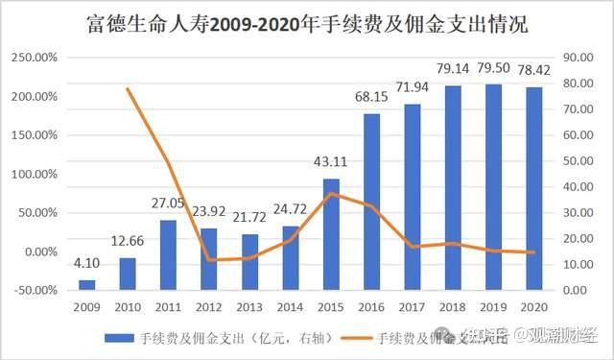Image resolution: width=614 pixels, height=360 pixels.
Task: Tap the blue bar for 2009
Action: point(86,284)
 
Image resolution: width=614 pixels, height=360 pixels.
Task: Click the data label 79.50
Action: point(496,68)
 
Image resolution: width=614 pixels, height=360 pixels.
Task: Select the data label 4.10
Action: point(86,264)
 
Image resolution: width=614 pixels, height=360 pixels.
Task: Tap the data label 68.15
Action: point(373,98)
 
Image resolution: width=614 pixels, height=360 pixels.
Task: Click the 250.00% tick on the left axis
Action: point(34,59)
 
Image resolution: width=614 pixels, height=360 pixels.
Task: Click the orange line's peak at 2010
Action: point(128,89)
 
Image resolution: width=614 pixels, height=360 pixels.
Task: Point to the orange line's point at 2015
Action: point(332,194)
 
